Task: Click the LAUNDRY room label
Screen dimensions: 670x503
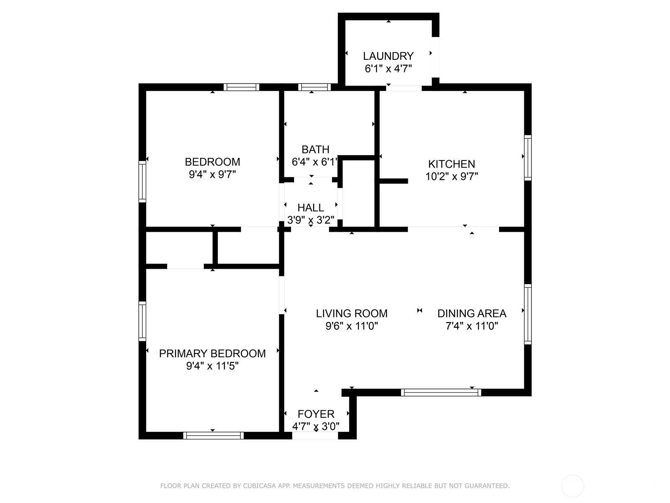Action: tap(388, 56)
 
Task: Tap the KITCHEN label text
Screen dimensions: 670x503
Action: tap(451, 164)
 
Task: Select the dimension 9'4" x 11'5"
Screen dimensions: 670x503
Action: tap(212, 366)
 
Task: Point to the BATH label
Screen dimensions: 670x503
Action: tap(315, 150)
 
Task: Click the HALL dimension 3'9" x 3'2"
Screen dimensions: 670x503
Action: tap(311, 220)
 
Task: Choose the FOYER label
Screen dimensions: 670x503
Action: tap(316, 414)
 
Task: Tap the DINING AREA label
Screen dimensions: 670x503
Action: tap(472, 314)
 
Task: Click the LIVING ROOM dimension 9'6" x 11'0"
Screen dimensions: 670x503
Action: tap(352, 326)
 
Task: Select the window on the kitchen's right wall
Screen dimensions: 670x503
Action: tap(528, 158)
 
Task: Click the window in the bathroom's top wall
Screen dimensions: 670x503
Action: tap(314, 87)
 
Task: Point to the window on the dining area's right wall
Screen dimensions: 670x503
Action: tap(528, 314)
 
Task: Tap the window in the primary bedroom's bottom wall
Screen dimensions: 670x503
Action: tap(214, 436)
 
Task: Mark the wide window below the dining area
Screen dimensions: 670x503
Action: tap(441, 392)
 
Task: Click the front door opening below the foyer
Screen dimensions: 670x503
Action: tap(315, 436)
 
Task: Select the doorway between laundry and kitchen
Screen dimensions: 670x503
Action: tap(404, 88)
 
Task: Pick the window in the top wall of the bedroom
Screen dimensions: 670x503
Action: tap(241, 87)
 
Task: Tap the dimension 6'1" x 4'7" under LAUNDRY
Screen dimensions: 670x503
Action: tap(388, 69)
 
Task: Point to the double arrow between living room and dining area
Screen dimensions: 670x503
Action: tap(420, 311)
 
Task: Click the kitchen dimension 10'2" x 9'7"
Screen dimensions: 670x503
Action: tap(452, 176)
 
